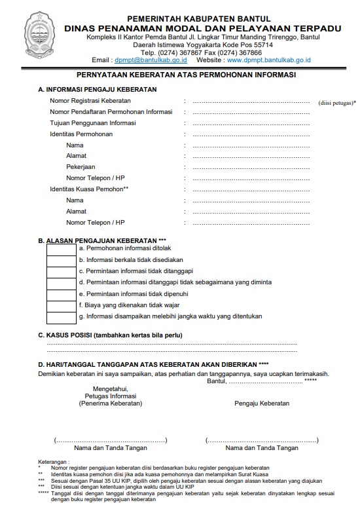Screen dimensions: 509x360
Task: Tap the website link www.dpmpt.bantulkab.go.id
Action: coord(269,60)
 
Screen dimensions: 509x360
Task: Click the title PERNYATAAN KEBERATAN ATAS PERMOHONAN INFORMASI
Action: coord(186,75)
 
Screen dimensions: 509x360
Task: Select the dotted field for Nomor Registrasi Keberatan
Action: coord(251,102)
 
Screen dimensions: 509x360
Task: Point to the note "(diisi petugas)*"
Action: coord(336,103)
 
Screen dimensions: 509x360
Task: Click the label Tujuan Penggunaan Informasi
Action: coord(93,123)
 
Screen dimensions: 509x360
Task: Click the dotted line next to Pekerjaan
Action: coord(251,167)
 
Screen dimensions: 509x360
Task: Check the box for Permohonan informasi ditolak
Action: coord(62,249)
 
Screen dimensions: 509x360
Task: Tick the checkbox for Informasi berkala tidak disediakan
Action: coord(62,260)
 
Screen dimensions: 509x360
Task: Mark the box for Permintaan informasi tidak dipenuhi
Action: coord(62,294)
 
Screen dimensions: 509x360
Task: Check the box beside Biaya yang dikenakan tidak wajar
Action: coord(62,305)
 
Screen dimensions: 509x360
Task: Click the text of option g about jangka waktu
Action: coord(170,316)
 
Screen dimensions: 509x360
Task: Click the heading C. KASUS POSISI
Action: coord(110,335)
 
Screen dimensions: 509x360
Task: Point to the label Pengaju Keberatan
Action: coord(262,404)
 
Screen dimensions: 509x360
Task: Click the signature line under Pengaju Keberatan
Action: coord(262,440)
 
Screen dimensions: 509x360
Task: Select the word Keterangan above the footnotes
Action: coord(54,461)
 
